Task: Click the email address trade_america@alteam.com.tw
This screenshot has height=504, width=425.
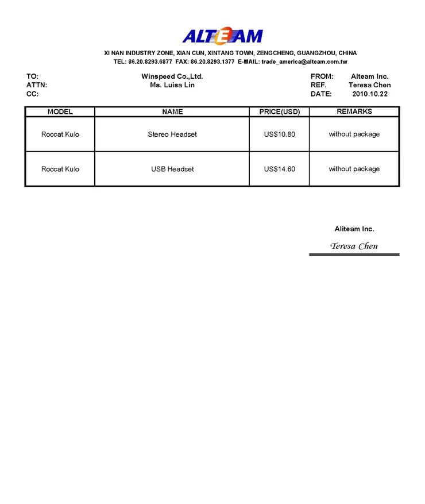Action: click(x=304, y=61)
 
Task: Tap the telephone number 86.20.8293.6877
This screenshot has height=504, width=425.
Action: click(x=150, y=61)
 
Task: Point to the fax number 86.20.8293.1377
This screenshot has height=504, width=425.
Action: click(x=212, y=61)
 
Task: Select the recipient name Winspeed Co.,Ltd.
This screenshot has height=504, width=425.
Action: click(x=172, y=76)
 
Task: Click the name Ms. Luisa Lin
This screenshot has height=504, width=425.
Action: click(x=172, y=85)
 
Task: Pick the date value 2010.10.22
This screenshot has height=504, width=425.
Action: click(x=370, y=94)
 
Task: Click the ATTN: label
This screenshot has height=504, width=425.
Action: click(x=37, y=85)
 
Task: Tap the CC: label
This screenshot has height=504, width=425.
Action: click(x=33, y=94)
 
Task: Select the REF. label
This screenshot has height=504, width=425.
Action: click(x=318, y=85)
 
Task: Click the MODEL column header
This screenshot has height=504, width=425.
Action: click(x=60, y=111)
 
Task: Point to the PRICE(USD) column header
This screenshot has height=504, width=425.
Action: click(x=280, y=111)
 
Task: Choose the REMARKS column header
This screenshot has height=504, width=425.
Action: click(x=354, y=111)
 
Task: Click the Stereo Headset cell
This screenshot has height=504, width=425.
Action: click(x=172, y=134)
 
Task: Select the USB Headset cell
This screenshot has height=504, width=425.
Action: click(x=172, y=169)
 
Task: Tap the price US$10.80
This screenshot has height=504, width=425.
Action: click(x=280, y=134)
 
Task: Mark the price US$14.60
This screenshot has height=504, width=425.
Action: click(x=280, y=169)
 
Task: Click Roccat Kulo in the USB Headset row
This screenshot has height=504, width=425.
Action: click(x=60, y=169)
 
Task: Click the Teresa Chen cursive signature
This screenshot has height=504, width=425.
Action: click(x=354, y=246)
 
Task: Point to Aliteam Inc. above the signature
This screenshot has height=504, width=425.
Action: click(x=354, y=229)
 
